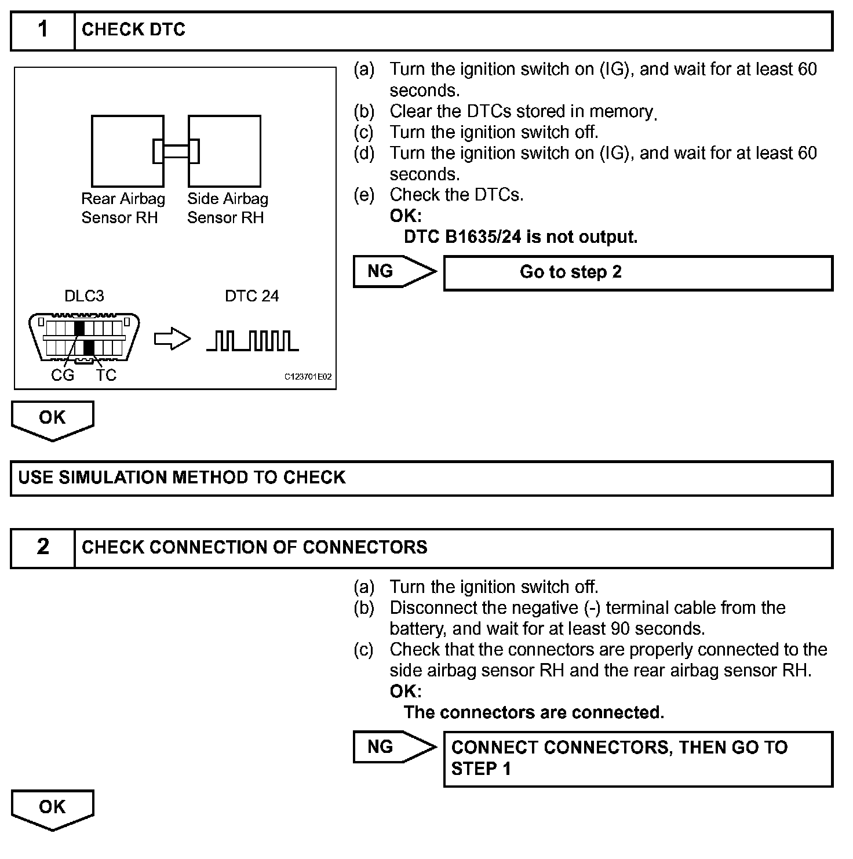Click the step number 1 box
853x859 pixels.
(x=43, y=30)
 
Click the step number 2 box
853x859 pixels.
(x=43, y=547)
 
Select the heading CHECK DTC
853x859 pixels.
(x=133, y=30)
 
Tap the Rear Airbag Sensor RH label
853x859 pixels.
(x=122, y=208)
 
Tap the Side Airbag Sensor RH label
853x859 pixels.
(x=227, y=208)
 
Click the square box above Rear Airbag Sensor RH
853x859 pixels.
(x=127, y=151)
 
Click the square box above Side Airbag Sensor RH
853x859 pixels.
(x=224, y=151)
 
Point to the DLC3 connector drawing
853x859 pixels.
(x=85, y=338)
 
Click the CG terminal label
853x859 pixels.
(x=63, y=376)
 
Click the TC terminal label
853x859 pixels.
(x=106, y=376)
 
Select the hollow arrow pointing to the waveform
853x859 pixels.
(x=172, y=340)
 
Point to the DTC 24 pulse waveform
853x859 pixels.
(x=253, y=341)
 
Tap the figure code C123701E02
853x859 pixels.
(x=308, y=377)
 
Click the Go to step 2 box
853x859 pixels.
(x=637, y=272)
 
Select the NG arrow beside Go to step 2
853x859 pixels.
(x=394, y=271)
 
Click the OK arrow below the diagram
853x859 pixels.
(x=52, y=420)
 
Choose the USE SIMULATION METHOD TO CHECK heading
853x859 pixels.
(x=182, y=478)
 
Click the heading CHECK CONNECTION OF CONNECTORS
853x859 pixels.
(x=254, y=547)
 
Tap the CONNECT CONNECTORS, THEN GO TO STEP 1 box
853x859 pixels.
(x=637, y=759)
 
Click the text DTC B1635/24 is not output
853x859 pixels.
(x=520, y=237)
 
